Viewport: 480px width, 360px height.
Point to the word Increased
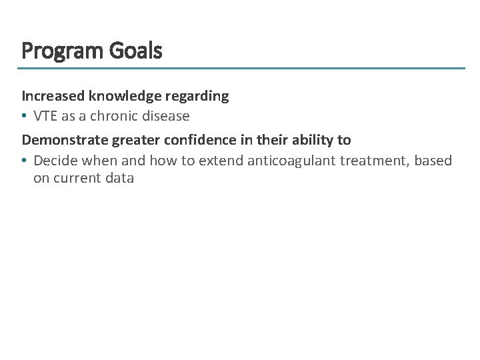(x=53, y=96)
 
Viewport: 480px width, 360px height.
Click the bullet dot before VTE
(x=25, y=117)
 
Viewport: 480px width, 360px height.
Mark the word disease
(x=166, y=116)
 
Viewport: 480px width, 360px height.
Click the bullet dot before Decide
(x=25, y=161)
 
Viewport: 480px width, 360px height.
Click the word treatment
(x=373, y=160)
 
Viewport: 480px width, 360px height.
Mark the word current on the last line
(x=79, y=178)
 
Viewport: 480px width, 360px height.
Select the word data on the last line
(x=120, y=178)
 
